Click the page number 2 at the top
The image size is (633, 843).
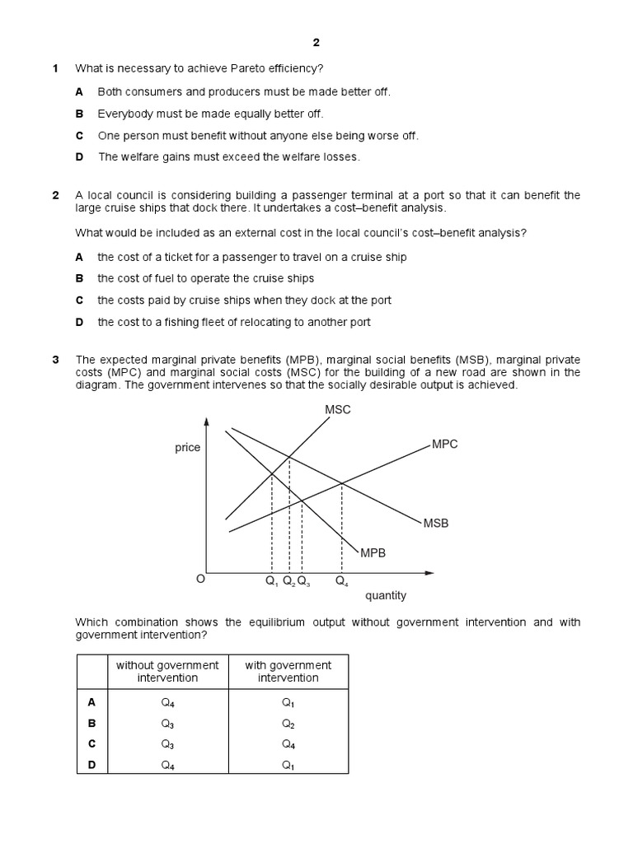click(316, 44)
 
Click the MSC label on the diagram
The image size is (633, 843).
click(338, 410)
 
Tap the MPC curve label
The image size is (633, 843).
click(445, 444)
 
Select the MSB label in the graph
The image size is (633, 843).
click(436, 523)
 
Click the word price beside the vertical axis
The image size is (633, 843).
click(187, 447)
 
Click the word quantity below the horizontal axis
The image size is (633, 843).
click(386, 595)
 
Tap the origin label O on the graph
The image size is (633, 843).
click(199, 580)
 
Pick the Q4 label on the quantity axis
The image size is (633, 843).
click(341, 581)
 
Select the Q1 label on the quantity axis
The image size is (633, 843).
click(271, 581)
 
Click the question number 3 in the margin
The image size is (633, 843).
click(55, 360)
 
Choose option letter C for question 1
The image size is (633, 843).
click(80, 135)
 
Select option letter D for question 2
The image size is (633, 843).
click(80, 322)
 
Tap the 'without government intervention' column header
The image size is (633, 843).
click(167, 671)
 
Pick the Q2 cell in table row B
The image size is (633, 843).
click(288, 724)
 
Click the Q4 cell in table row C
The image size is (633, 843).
click(288, 745)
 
